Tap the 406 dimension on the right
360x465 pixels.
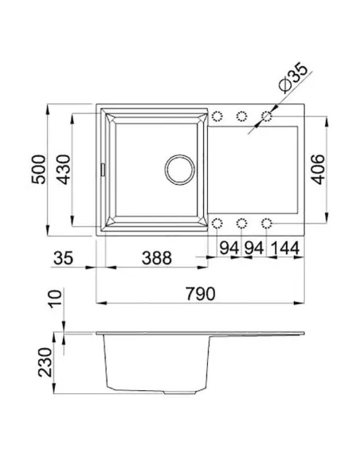pos(315,169)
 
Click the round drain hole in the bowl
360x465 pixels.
pos(179,169)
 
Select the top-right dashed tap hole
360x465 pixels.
pos(268,117)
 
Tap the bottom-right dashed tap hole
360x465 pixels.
pos(268,221)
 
